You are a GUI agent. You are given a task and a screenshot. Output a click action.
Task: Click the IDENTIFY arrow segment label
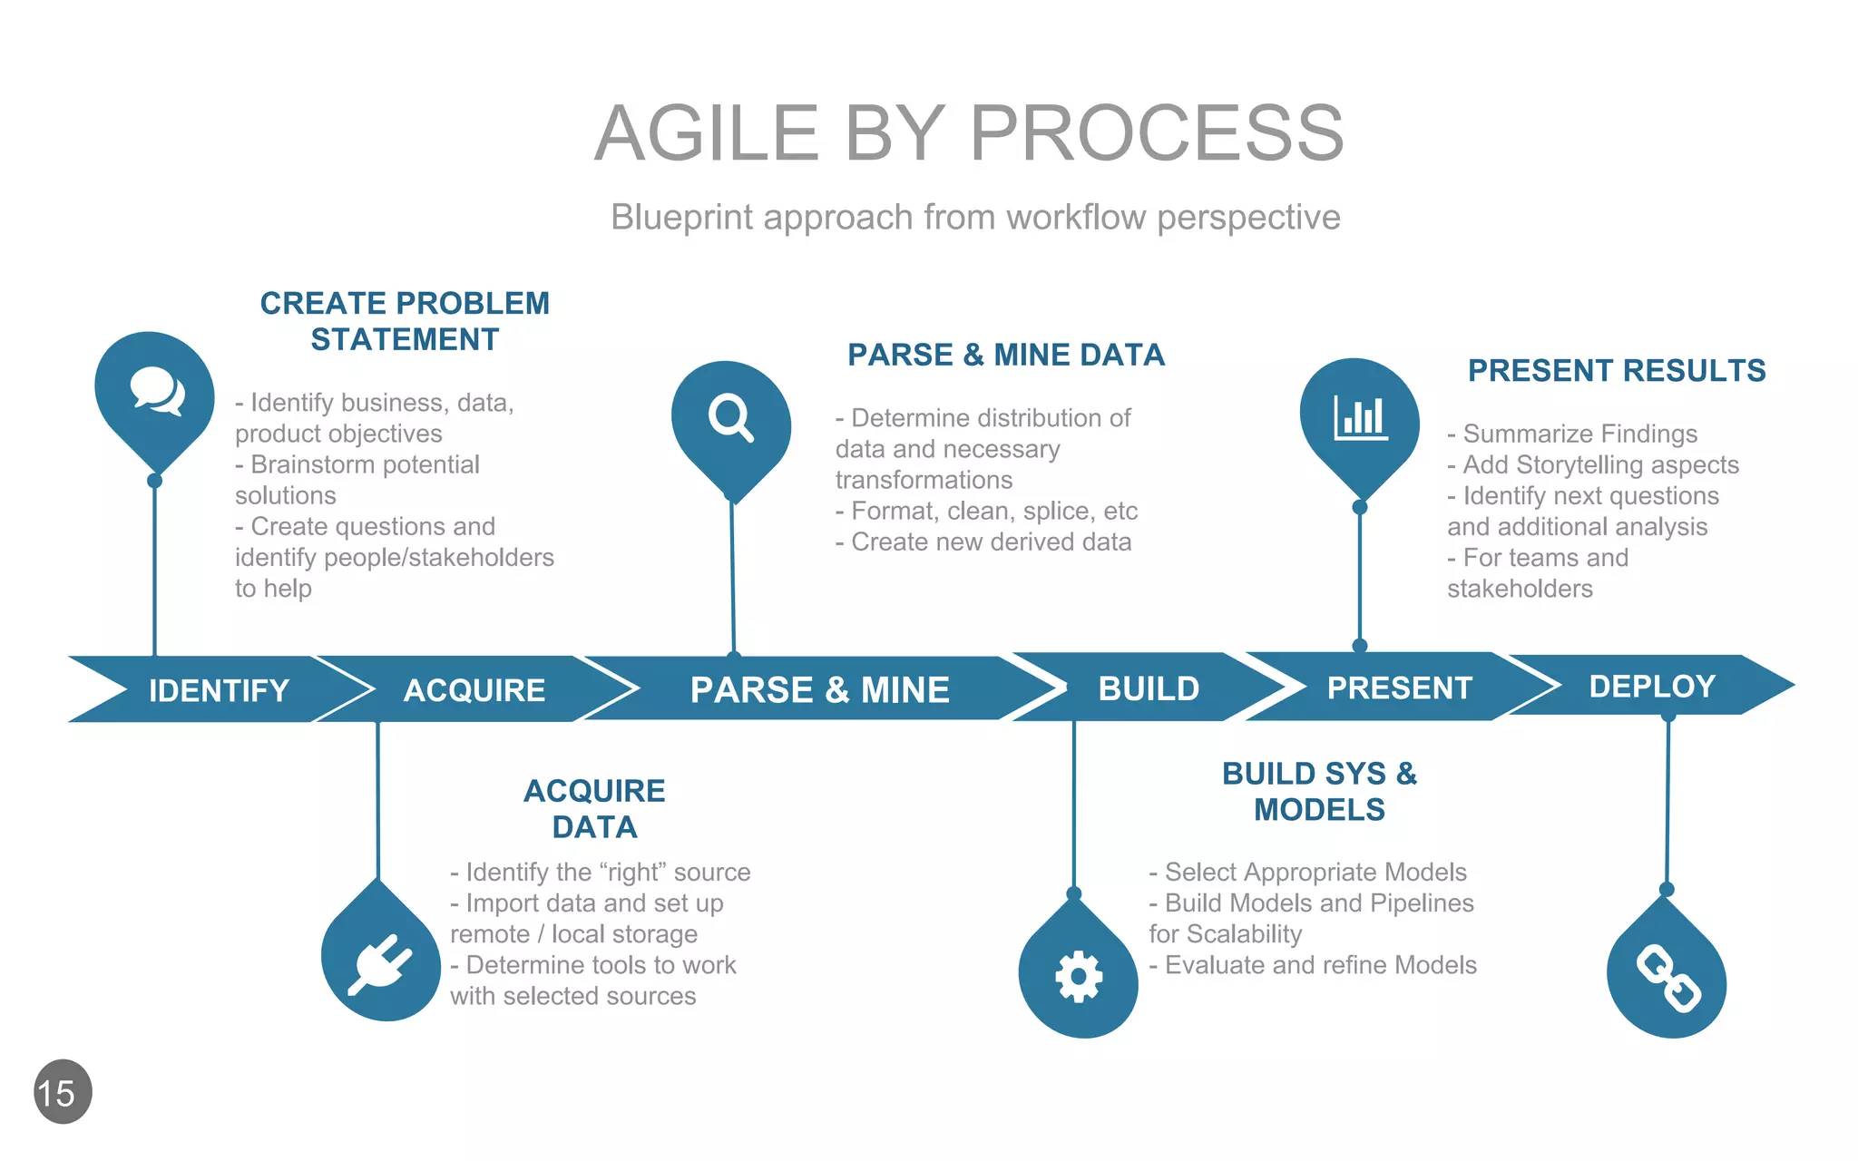219,690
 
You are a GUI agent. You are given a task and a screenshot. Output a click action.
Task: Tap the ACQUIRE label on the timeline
474,690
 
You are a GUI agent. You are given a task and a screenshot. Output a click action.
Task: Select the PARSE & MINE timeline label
819,690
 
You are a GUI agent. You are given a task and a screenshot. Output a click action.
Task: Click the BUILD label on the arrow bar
1149,688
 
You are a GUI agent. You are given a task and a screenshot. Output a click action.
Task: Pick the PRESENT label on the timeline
1399,688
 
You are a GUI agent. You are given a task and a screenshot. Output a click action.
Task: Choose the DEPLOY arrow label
1652,686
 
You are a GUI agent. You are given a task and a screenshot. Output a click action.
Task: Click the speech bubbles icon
156,392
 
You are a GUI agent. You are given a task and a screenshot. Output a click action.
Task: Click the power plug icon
381,963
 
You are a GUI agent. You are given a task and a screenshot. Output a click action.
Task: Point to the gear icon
1078,977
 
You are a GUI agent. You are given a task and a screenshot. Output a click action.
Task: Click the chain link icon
1667,979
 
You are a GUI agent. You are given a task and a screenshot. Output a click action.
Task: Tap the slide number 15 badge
63,1092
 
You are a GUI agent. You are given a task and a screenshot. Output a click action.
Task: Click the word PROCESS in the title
1157,133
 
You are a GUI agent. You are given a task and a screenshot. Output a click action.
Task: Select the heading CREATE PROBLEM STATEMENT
405,321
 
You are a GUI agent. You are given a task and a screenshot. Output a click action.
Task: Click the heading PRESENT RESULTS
1617,370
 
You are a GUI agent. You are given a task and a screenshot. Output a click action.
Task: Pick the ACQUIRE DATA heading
594,808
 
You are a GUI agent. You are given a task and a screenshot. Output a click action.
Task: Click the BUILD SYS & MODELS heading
1319,791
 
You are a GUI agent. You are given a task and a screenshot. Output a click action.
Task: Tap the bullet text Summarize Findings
1579,434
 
